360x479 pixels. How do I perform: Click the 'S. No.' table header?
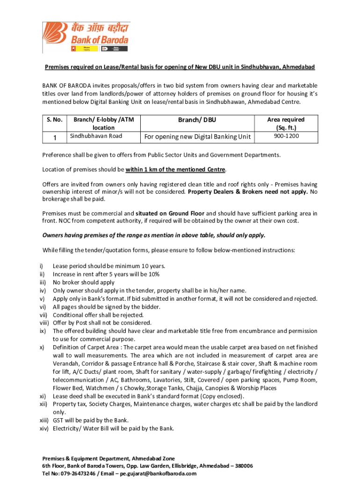55,120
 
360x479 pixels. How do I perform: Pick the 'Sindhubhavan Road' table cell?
96,136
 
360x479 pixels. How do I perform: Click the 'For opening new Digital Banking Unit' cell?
197,137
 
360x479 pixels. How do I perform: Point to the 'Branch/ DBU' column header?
197,120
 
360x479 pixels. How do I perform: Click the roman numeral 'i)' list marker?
43,266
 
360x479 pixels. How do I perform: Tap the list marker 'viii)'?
44,323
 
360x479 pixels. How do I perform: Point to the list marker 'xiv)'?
44,428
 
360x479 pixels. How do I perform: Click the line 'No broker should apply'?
84,283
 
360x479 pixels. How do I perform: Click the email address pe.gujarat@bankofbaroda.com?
158,473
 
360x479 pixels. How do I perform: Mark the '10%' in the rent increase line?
154,275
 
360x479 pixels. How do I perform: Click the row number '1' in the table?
55,138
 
